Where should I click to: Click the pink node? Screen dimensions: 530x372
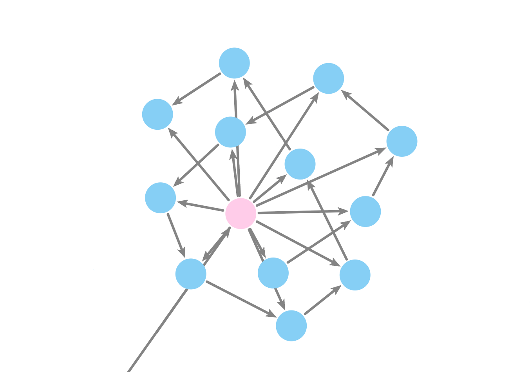[241, 213]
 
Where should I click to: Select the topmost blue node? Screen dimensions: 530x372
[234, 63]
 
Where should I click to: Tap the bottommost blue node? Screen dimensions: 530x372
[291, 325]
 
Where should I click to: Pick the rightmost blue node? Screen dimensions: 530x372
[402, 141]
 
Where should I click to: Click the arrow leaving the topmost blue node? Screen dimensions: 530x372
[198, 89]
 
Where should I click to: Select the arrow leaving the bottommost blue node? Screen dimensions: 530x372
[322, 300]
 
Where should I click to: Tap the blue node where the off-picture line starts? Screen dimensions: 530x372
[191, 274]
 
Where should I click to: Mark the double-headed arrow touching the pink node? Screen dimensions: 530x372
[216, 244]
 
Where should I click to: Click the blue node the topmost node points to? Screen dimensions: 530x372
[157, 114]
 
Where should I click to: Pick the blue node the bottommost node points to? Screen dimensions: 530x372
[355, 275]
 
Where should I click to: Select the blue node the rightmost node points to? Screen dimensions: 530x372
[328, 78]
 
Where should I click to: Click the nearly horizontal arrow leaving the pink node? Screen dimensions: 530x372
[302, 212]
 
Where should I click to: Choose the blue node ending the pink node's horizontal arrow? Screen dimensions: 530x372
[365, 211]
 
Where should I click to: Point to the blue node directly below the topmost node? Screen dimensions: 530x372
[230, 132]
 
